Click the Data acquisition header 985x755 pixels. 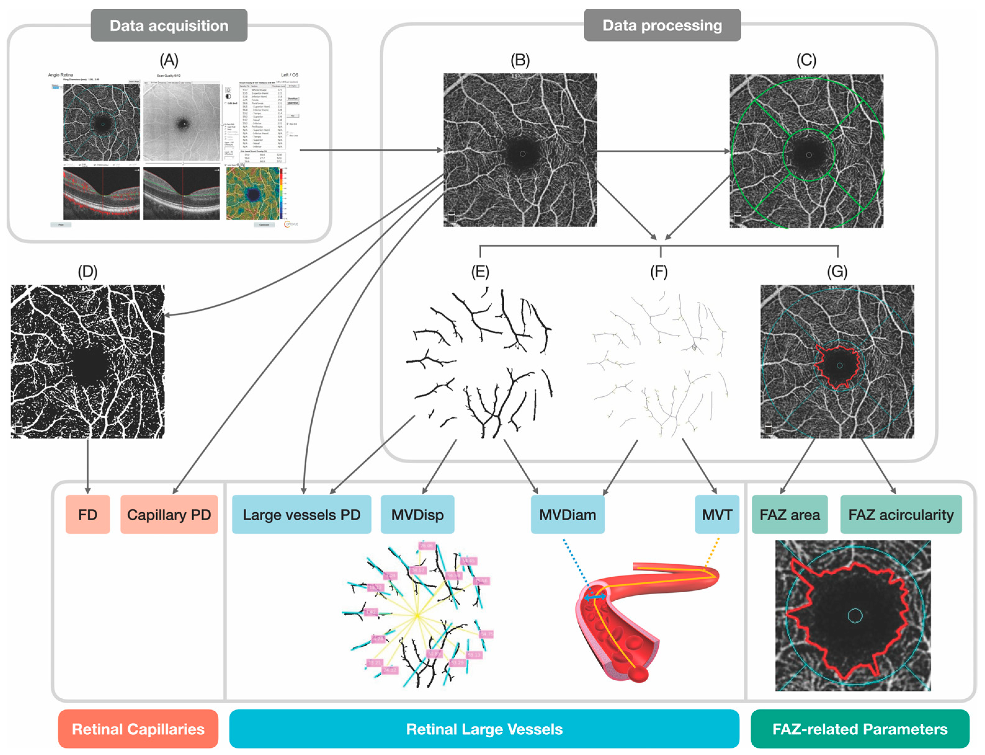[169, 26]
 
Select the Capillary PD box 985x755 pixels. [169, 514]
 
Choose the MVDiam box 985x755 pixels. [567, 514]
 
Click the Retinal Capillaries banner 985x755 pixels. [138, 729]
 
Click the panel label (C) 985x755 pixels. [806, 60]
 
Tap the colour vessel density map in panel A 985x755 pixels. [253, 194]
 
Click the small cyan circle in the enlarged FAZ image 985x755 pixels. [854, 616]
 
